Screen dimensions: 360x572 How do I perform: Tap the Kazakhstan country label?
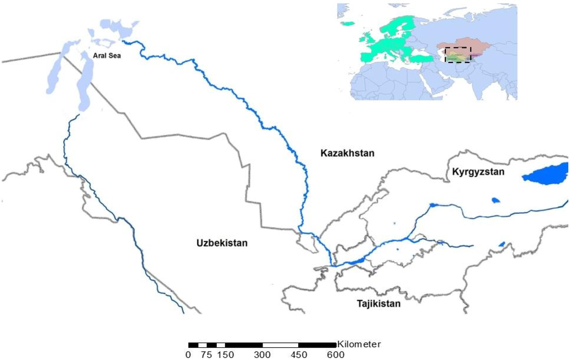(x=347, y=153)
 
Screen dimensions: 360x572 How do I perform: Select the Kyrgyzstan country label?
(x=478, y=172)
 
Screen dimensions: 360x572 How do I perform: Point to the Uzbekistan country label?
(x=222, y=243)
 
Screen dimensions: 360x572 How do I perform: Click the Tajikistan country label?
(x=379, y=304)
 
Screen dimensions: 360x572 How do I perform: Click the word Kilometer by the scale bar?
(x=359, y=344)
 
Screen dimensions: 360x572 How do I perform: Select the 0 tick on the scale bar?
(x=188, y=354)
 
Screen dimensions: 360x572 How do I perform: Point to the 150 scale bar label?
(x=225, y=354)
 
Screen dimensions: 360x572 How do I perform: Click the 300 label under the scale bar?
(x=263, y=354)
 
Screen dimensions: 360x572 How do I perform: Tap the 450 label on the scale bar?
(x=299, y=354)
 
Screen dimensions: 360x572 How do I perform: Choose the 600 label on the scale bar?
(x=336, y=354)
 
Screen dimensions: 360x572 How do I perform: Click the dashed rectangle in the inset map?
(x=458, y=55)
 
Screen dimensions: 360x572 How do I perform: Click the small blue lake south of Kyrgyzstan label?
(x=494, y=200)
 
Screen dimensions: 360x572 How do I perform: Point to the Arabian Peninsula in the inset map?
(x=433, y=84)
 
